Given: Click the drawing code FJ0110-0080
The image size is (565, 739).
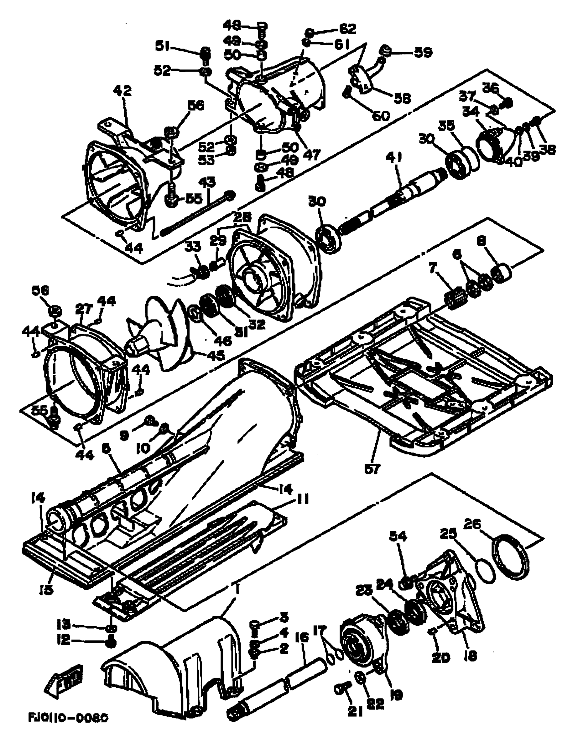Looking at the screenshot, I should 68,718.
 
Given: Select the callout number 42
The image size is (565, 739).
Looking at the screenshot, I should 122,91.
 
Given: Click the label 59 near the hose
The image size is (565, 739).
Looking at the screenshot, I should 423,53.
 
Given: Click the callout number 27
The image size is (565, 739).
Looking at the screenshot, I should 83,309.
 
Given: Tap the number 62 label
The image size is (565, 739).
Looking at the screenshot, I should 347,29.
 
